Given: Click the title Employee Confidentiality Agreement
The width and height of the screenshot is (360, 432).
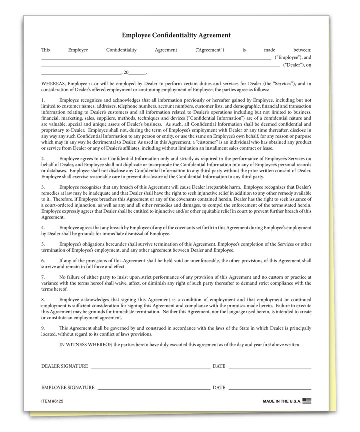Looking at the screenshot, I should pos(176,35).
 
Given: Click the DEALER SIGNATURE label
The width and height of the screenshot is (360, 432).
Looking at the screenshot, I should pos(65,366).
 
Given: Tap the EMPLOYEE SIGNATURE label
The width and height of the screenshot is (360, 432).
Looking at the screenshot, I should pos(68,388).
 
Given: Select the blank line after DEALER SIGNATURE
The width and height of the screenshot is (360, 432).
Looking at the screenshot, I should pos(150,367).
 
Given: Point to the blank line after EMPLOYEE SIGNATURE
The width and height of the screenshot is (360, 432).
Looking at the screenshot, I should pos(154,389).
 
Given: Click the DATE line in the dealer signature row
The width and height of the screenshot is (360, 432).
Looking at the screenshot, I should pos(270,367).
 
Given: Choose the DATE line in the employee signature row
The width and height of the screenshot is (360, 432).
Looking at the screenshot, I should pos(270,389).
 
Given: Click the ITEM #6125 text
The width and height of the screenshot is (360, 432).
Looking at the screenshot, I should pos(52,401).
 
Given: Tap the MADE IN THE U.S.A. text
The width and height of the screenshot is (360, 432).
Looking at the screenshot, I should pos(282,401).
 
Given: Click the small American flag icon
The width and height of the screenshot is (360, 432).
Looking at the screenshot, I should pos(307,401).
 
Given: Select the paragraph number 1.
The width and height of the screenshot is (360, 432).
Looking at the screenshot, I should pos(43,100).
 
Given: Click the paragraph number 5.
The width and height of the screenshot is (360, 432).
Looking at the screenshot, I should pos(43,244).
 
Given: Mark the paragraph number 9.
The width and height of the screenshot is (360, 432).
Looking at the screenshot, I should pos(43,328).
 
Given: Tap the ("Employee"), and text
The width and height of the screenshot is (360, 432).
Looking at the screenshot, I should pos(293,58).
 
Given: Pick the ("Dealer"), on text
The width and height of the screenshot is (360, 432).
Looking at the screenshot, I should pos(297,65).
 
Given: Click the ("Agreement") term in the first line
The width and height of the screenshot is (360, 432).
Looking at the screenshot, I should pos(210,50).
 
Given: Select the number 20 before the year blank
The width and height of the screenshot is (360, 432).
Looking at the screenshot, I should pos(126,73).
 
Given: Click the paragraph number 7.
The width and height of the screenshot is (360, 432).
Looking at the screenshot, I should pos(43,277).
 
